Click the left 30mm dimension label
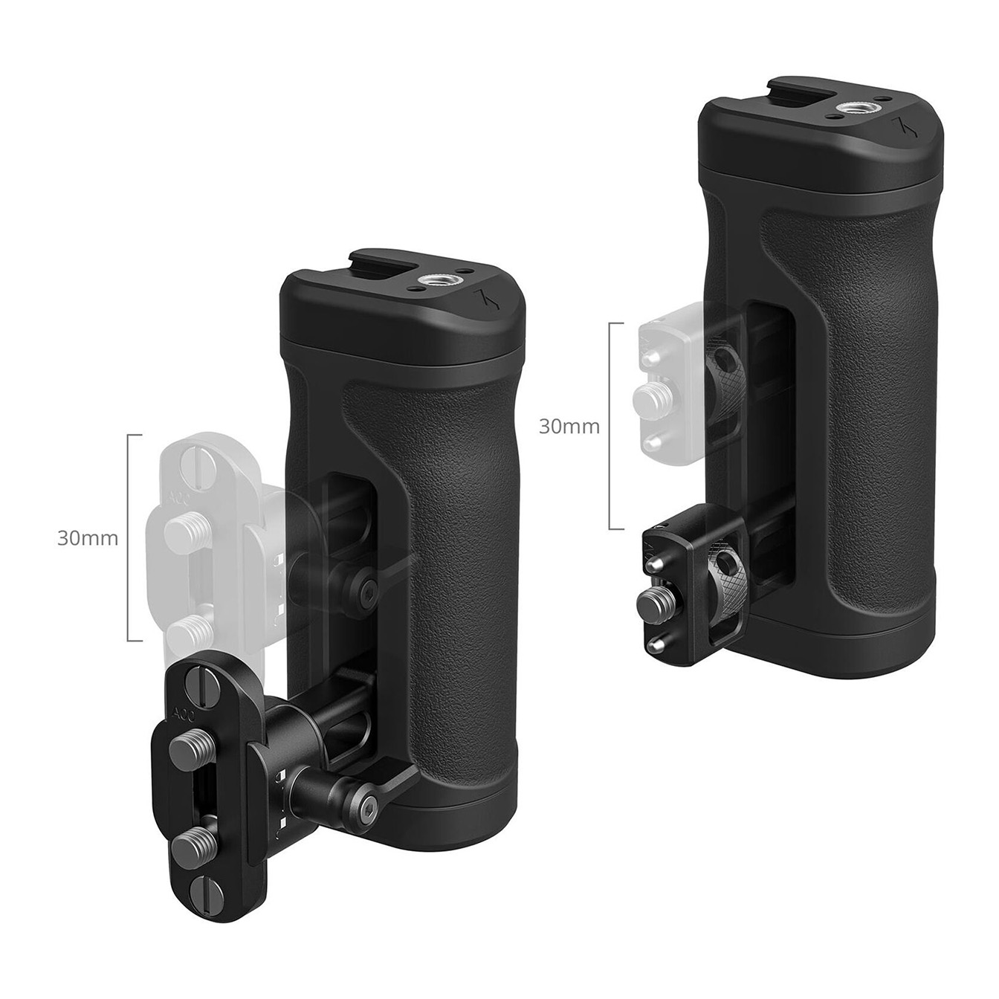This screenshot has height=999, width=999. [88, 539]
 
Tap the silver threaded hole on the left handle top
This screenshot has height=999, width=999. [434, 282]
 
